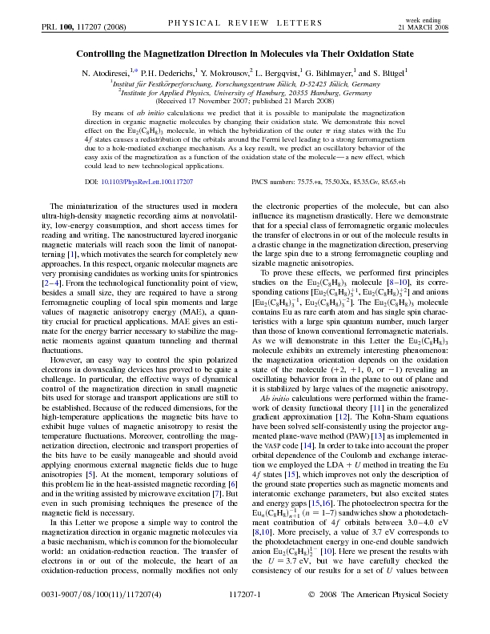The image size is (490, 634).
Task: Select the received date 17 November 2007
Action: [x=211, y=101]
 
